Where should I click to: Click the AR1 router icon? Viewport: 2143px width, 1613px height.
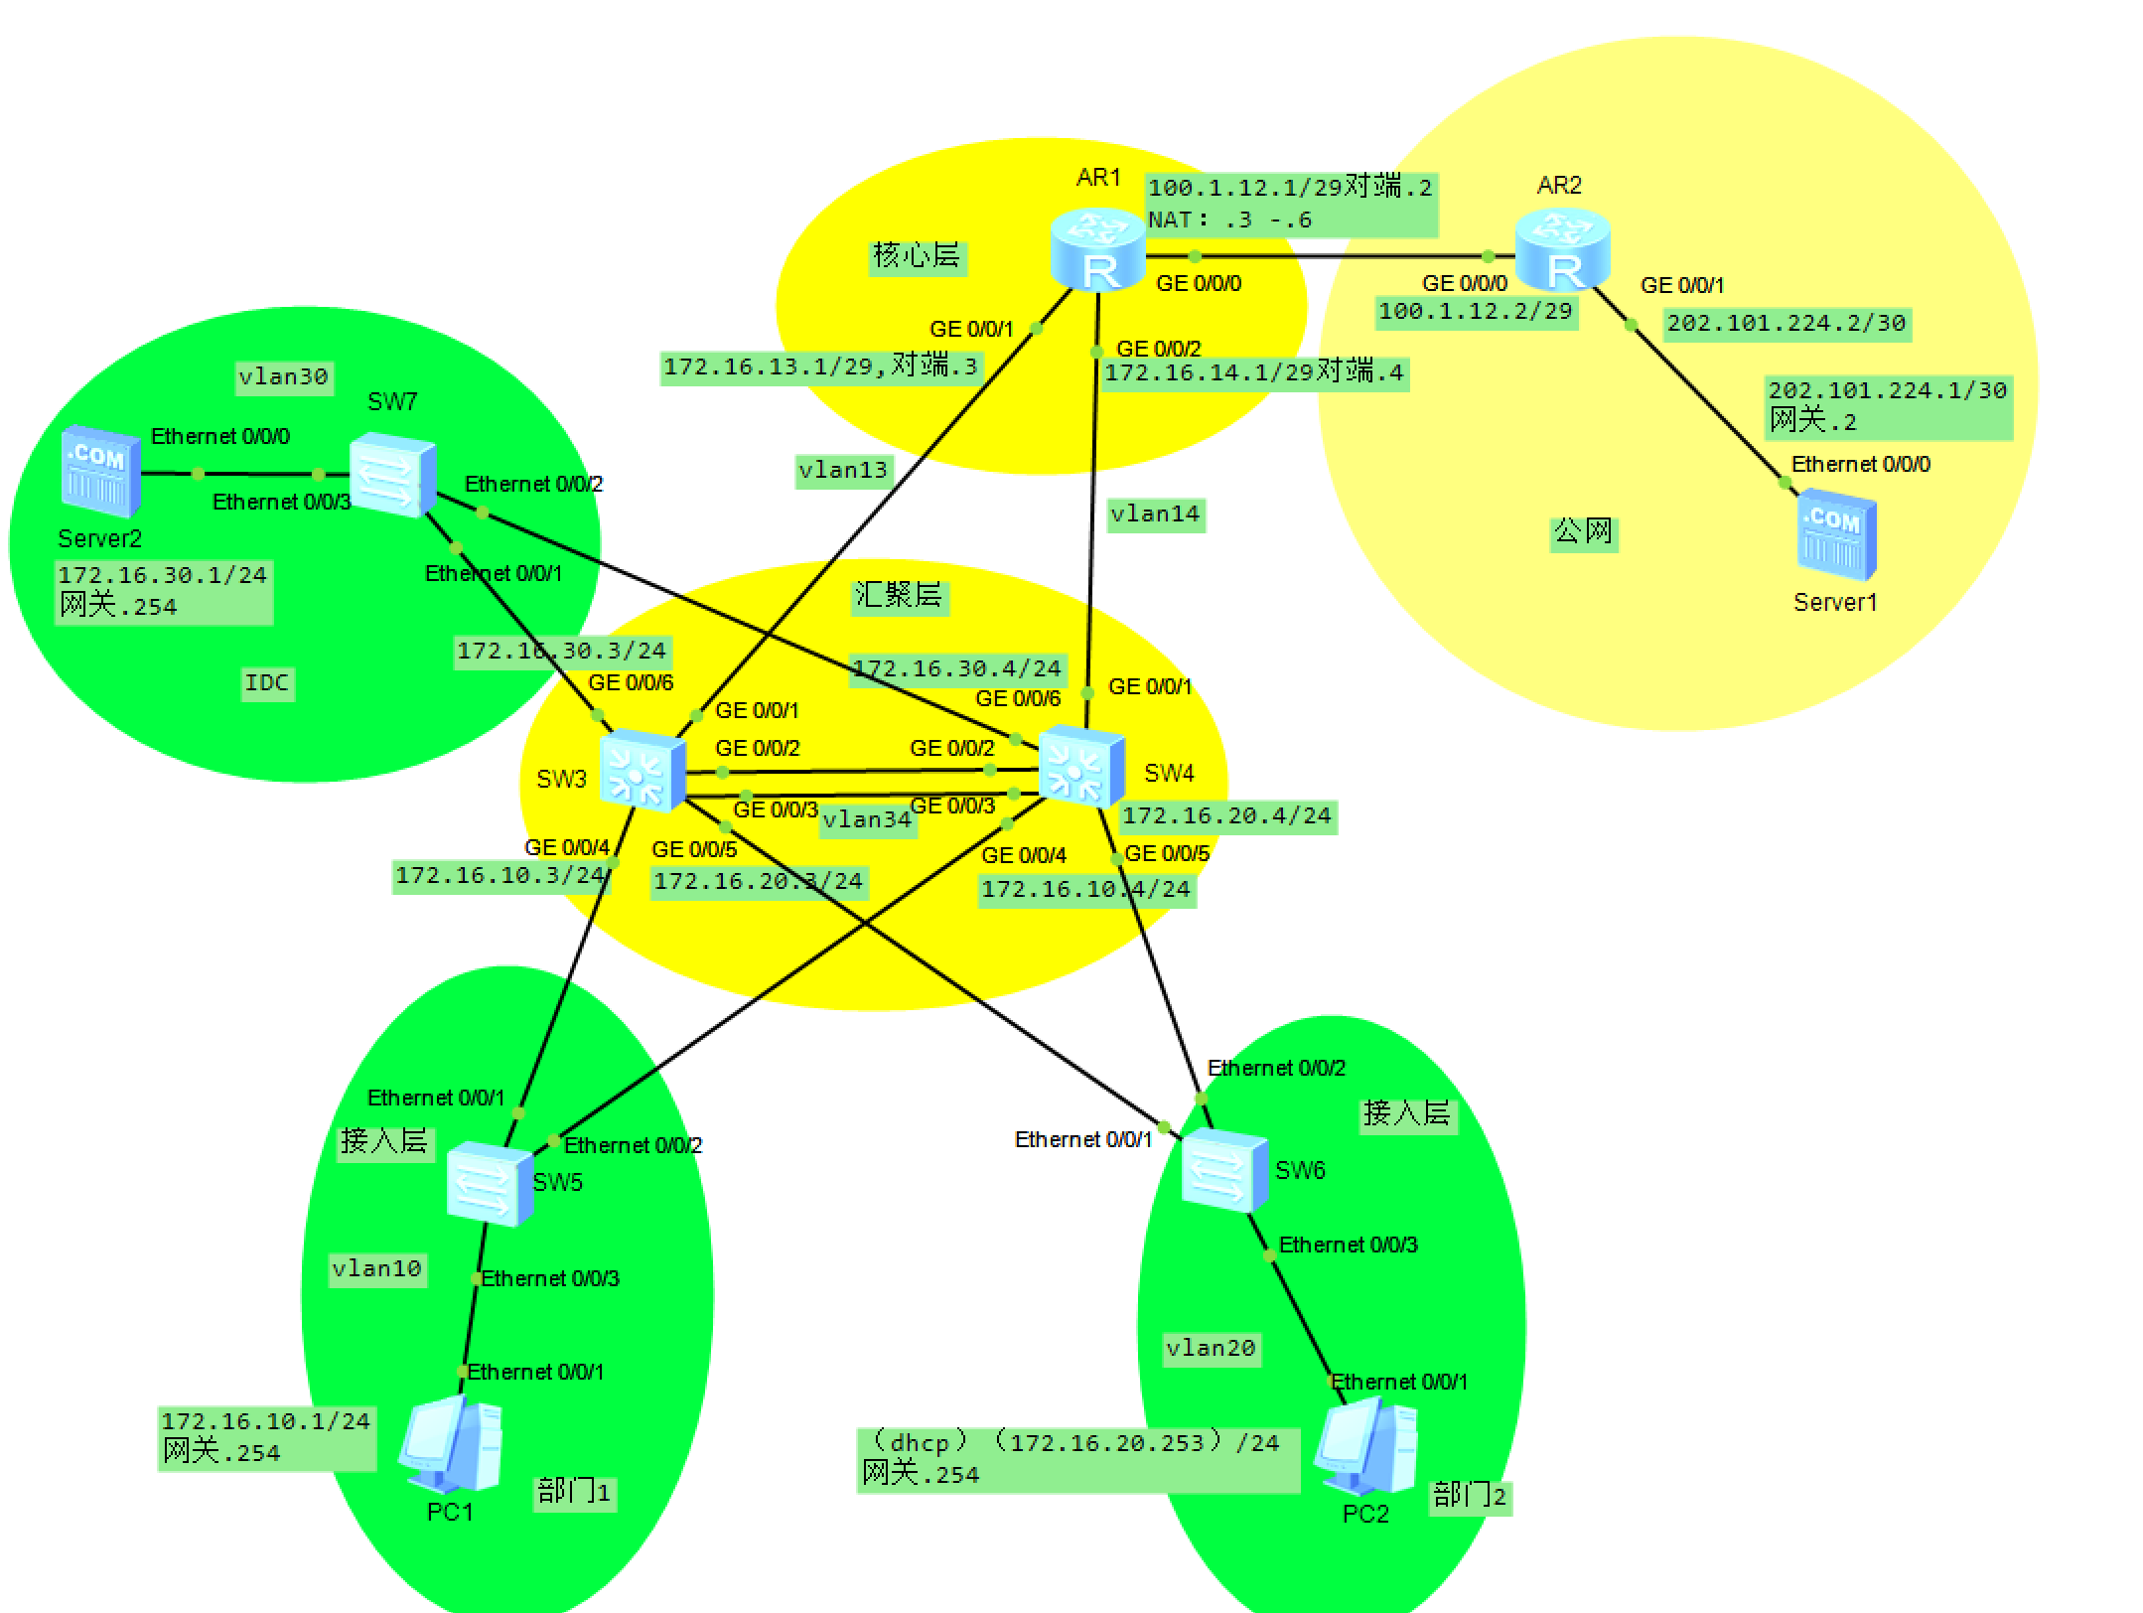tap(1097, 250)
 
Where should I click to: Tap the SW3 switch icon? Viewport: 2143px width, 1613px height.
tap(643, 770)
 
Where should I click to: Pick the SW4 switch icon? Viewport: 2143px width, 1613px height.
tap(1081, 765)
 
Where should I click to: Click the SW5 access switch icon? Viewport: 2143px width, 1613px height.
tap(489, 1184)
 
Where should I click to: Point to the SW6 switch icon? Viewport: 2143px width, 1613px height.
tap(1224, 1171)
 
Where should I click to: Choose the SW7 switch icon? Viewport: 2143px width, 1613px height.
tap(392, 474)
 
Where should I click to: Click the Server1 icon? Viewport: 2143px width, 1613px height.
tap(1836, 534)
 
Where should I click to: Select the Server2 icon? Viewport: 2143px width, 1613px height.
tap(99, 472)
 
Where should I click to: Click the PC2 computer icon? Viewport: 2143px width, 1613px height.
tap(1365, 1447)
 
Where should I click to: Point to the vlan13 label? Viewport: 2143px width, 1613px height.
tap(843, 470)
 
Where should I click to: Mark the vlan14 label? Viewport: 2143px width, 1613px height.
tap(1155, 514)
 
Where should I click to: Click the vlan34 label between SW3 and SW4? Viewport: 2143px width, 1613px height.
tap(867, 820)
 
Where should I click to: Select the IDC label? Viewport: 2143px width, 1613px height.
tap(267, 683)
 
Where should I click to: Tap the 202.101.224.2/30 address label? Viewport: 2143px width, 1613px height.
tap(1786, 324)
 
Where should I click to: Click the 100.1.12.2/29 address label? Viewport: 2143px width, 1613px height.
tap(1476, 312)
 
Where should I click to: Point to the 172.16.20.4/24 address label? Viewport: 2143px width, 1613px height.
tap(1226, 816)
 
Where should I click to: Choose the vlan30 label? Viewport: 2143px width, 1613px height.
tap(283, 377)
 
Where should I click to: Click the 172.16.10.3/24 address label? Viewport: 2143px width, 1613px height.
tap(500, 876)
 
